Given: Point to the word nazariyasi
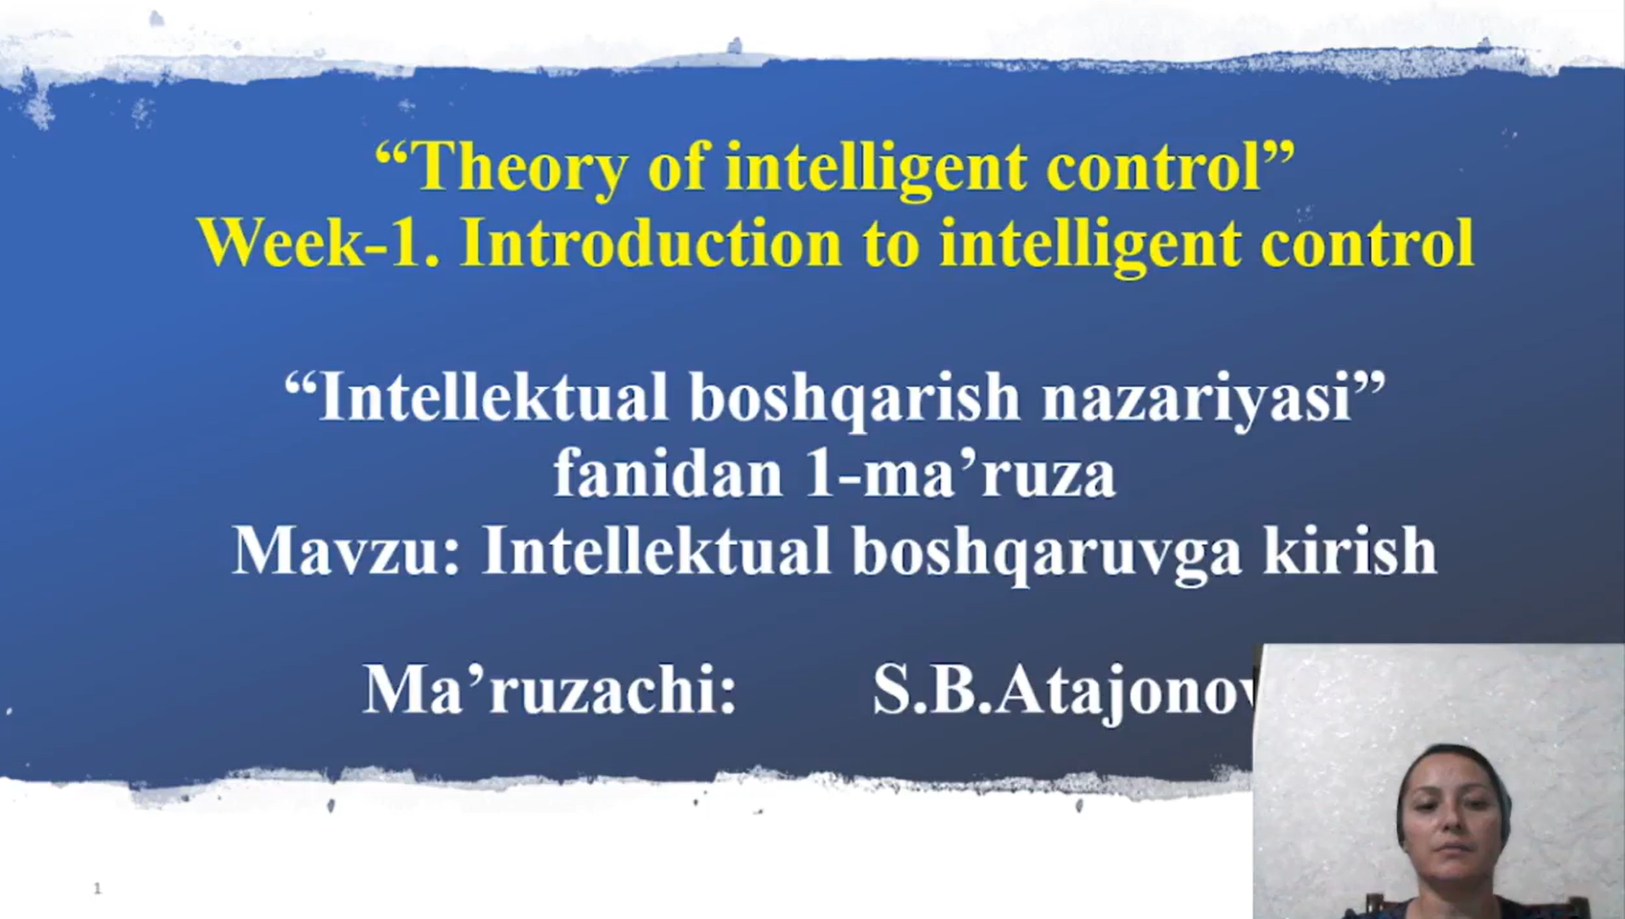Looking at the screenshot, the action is (x=1197, y=398).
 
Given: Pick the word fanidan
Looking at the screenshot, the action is (x=668, y=473).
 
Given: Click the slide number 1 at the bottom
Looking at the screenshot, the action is (x=98, y=888).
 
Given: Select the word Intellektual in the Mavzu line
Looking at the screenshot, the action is (x=656, y=550).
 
